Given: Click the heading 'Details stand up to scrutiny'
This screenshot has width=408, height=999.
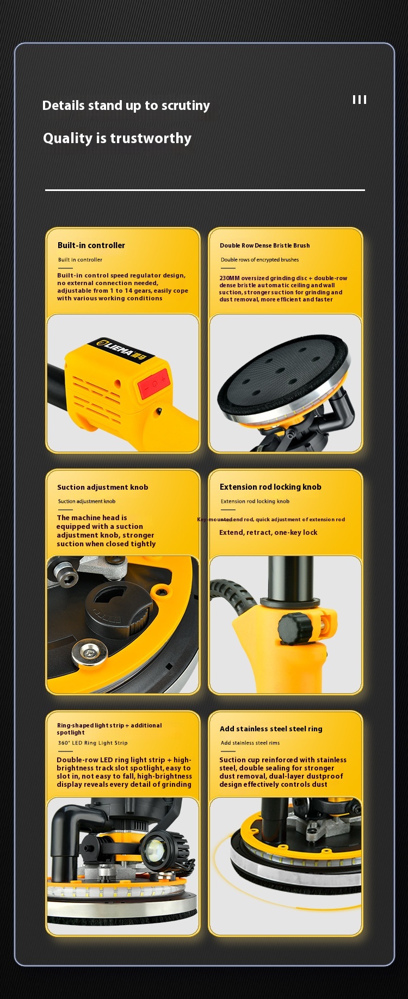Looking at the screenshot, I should (x=126, y=106).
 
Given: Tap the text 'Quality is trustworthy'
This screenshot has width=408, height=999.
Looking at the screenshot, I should (x=117, y=138).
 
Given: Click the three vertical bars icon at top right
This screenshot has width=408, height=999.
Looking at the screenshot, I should (x=359, y=100).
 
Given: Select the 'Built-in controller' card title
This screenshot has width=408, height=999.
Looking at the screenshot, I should (x=91, y=245).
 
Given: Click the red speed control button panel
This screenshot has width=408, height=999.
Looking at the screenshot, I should (x=154, y=383).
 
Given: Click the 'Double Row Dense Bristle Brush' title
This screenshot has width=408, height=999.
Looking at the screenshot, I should (x=264, y=245).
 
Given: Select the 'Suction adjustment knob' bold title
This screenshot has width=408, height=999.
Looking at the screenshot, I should (x=102, y=487).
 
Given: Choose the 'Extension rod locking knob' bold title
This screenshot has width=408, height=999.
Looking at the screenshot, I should (x=270, y=487).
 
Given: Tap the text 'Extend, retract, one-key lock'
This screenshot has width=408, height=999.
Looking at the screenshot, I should (x=268, y=532).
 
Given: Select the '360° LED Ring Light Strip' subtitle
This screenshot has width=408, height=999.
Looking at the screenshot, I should (x=92, y=743).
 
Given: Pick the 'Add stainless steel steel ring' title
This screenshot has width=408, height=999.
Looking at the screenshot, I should (x=271, y=729).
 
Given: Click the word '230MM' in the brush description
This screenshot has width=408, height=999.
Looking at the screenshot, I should (x=229, y=278).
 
